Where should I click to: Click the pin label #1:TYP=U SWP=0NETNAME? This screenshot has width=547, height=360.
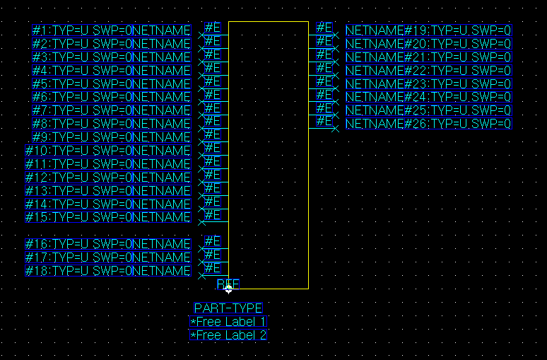tap(112, 30)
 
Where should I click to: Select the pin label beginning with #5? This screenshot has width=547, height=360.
tap(112, 84)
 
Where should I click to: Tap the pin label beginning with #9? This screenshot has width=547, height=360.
tap(112, 137)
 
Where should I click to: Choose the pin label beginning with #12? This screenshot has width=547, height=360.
tap(108, 178)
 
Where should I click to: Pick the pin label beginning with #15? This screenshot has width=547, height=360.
tap(108, 217)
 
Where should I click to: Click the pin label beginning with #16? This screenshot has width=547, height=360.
tap(108, 244)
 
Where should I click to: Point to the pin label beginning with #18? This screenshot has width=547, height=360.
tap(108, 271)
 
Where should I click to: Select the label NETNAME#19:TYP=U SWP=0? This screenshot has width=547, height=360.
tap(428, 30)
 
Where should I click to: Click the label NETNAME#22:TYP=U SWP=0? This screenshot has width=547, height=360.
tap(428, 71)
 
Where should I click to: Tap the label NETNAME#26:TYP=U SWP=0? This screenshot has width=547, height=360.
tap(428, 124)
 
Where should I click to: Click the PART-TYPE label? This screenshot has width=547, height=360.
tap(228, 308)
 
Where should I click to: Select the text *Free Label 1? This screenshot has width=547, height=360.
tap(228, 322)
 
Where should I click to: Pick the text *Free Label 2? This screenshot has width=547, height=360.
tap(228, 335)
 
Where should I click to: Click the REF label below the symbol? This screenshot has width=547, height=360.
tap(228, 284)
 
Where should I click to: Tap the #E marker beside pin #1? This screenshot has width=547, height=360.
tap(213, 28)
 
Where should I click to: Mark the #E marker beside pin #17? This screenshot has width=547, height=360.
tap(213, 255)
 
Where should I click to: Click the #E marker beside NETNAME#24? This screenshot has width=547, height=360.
tap(324, 95)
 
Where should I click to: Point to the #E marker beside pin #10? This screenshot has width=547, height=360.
tap(213, 148)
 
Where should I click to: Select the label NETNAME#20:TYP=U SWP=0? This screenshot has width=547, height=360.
tap(428, 44)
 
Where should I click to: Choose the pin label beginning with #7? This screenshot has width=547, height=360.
tap(112, 110)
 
